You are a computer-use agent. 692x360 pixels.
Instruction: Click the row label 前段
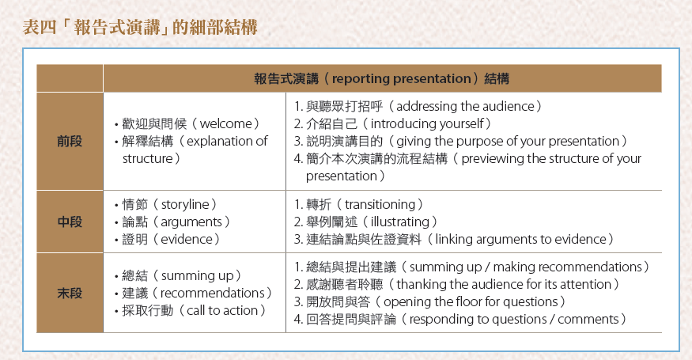[x=70, y=142]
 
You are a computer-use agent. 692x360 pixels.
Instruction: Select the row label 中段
[x=70, y=222]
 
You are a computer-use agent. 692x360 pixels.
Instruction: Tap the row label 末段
[x=70, y=293]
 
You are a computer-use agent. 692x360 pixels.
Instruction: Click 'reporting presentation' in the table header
[x=401, y=79]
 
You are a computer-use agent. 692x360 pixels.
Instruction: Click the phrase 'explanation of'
[x=227, y=142]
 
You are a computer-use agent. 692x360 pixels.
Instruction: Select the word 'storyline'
[x=185, y=204]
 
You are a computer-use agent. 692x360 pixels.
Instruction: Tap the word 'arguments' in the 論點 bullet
[x=191, y=222]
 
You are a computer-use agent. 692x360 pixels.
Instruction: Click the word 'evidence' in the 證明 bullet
[x=187, y=240]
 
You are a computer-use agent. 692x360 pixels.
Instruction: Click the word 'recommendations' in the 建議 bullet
[x=212, y=293]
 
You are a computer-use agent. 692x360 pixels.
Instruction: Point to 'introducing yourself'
[x=427, y=123]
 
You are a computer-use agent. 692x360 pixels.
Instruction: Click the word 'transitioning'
[x=380, y=204]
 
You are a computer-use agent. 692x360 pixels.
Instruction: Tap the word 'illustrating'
[x=400, y=222]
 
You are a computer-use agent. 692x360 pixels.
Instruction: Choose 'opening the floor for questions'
[x=471, y=301]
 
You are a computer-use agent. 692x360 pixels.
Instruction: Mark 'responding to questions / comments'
[x=514, y=320]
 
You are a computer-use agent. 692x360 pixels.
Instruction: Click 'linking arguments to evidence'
[x=520, y=240]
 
